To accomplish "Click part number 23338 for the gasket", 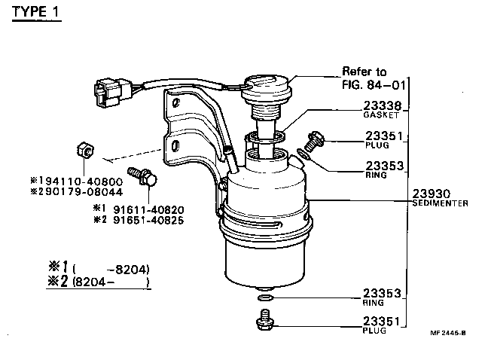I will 385,106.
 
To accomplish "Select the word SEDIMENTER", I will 441,203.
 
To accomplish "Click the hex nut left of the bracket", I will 86,151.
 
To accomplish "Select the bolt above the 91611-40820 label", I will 143,178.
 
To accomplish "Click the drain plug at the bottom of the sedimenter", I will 264,323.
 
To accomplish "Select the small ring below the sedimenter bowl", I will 264,300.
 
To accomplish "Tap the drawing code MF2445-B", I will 447,332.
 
